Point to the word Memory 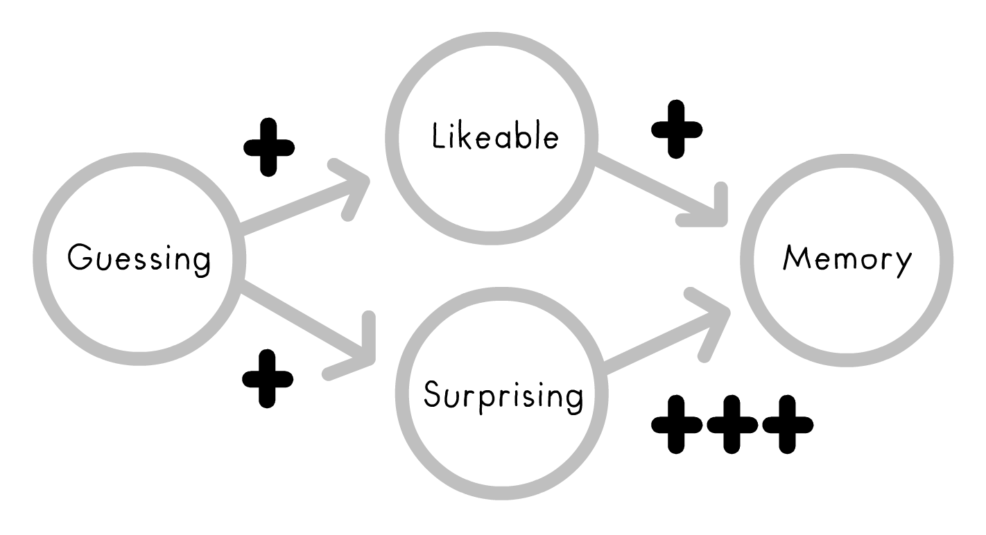point(847,259)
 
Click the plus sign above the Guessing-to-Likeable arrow point(268,147)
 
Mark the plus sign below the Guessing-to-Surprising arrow point(268,378)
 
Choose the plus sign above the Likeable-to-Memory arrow point(677,129)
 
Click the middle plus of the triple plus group point(732,425)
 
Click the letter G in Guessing point(80,258)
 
